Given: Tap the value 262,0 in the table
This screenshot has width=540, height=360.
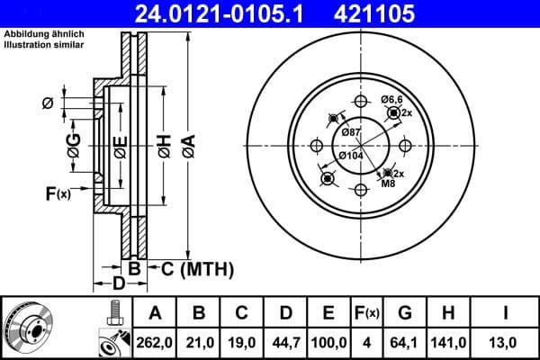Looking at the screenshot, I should coord(155,342).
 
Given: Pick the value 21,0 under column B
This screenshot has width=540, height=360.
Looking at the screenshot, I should coord(199,342).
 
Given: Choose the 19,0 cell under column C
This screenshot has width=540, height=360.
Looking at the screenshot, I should coord(242,342).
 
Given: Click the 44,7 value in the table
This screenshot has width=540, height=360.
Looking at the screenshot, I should coord(285,342).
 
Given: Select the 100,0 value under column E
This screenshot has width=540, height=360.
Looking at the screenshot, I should coord(328,342).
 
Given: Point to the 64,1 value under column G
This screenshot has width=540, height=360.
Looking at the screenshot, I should coord(406,342).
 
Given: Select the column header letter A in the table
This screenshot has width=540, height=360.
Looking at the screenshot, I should coord(155,313).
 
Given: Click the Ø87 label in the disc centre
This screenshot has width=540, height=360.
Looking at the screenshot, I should coord(353,133).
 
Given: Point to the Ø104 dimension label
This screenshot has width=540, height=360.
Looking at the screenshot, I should coord(350,156).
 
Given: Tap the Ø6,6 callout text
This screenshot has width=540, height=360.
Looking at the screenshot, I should coord(391,99).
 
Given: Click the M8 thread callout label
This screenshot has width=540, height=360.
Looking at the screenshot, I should coord(388,184).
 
